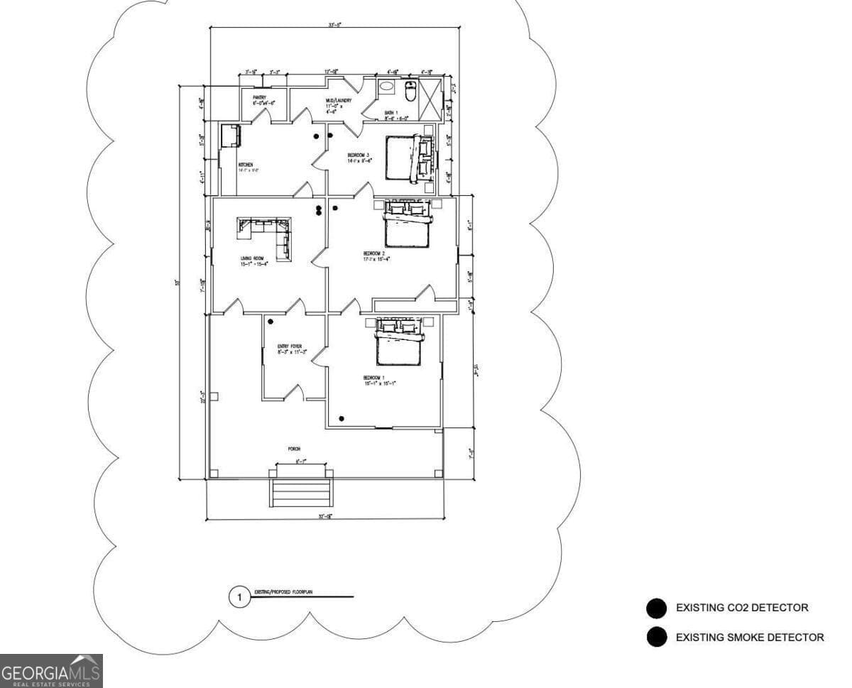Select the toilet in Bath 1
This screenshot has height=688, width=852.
click(410, 92)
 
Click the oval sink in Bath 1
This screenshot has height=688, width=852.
click(386, 87)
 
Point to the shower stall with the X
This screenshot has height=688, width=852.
click(430, 92)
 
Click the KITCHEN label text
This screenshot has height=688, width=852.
click(246, 165)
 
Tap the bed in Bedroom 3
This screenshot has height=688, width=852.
click(401, 158)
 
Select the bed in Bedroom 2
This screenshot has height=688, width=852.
click(407, 226)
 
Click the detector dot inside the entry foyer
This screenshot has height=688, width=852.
click(271, 322)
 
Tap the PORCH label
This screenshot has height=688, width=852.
click(294, 449)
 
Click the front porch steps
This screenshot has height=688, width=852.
click(301, 492)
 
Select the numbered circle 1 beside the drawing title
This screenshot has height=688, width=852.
click(239, 598)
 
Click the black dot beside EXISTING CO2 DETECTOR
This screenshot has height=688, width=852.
click(657, 608)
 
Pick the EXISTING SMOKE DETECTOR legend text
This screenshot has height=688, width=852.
click(750, 638)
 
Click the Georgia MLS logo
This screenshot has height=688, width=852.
click(51, 671)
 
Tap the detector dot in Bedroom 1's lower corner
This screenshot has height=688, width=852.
click(342, 417)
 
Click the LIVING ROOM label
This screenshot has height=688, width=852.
click(253, 259)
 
